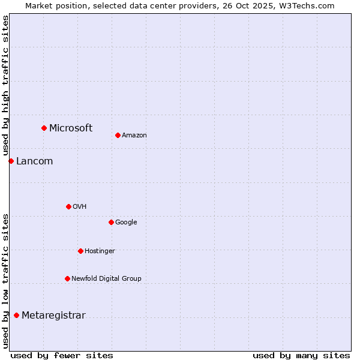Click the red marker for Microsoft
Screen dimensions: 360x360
44,128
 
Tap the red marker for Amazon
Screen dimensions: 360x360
118,135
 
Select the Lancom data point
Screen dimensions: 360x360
11,161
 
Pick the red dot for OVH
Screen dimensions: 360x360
68,206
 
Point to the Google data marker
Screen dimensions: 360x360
111,222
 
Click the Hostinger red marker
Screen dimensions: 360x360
80,251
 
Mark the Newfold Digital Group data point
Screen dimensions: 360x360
67,278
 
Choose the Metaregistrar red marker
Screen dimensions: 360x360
16,315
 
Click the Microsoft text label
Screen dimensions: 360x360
71,128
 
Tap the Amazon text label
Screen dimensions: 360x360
134,135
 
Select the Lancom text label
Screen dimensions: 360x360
34,161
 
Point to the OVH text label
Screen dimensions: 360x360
80,206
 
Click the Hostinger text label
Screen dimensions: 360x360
100,251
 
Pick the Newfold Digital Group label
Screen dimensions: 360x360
106,278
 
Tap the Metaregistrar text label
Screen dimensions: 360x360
53,315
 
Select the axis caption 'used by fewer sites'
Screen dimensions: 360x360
62,355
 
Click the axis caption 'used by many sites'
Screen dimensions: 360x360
301,355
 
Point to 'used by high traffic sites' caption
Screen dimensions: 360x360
5,86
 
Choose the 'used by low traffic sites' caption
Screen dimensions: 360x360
5,280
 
